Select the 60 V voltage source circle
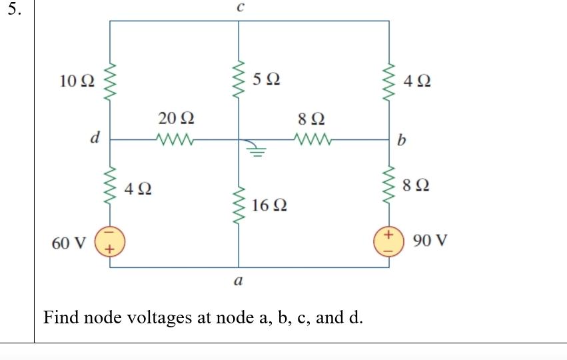click(111, 241)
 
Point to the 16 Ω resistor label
click(270, 205)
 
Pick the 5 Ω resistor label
click(267, 79)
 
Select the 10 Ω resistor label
click(77, 81)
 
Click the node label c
click(240, 7)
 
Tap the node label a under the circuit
click(238, 281)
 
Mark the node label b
click(400, 141)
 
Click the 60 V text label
click(69, 243)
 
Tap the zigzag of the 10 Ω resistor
click(110, 81)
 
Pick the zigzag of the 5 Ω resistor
click(240, 79)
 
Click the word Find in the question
click(61, 317)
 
